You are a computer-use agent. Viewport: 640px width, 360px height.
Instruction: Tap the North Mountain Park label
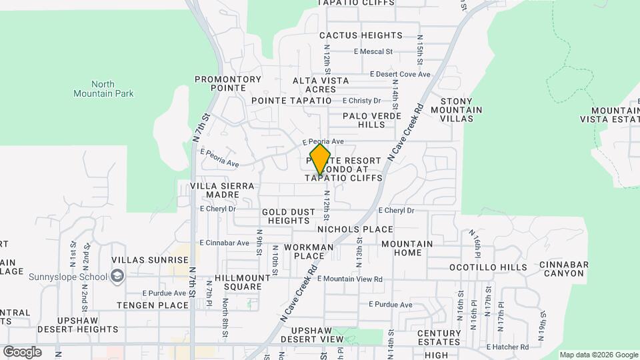point(103,89)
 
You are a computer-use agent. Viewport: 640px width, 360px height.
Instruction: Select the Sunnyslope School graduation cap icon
point(117,277)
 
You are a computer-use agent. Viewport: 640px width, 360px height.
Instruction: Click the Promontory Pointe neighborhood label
point(228,83)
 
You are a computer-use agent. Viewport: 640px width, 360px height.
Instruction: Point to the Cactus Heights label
point(361,35)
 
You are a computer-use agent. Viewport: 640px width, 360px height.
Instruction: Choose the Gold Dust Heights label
point(289,216)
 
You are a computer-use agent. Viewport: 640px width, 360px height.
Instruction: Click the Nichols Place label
point(355,229)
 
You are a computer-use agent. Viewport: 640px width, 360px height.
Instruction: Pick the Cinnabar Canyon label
point(564,269)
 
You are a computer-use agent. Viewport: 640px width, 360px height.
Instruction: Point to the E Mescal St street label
point(373,51)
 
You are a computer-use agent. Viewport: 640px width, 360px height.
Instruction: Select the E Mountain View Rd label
point(350,279)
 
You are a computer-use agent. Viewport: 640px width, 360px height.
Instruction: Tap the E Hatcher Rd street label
point(507,347)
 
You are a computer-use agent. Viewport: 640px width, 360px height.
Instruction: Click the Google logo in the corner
point(22,351)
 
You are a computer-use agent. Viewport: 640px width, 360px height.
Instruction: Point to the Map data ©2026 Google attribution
point(599,355)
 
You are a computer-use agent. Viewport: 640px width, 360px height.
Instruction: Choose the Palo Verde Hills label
point(372,120)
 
